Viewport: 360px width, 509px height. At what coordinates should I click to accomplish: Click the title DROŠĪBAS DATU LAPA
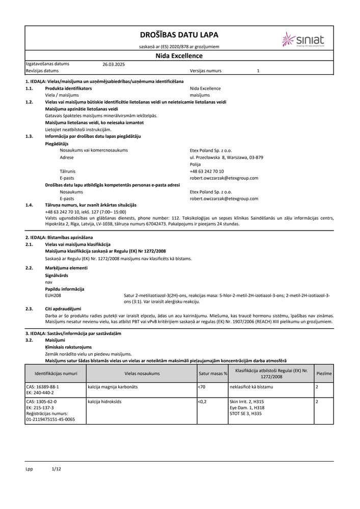(179, 35)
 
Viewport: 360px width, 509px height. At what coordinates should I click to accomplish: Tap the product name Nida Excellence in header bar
(179, 55)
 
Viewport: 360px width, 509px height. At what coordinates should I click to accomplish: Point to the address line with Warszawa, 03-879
(226, 158)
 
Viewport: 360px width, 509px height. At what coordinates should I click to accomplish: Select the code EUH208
(53, 296)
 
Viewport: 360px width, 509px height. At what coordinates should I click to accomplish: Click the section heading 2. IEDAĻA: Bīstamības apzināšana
(59, 238)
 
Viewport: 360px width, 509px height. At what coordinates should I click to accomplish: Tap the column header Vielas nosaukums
(142, 374)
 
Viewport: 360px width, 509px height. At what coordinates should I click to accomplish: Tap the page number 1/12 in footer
(57, 468)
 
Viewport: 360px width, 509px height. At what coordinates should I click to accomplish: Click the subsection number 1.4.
(30, 205)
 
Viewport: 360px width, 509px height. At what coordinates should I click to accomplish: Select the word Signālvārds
(57, 274)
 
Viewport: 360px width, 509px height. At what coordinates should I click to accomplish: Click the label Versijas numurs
(206, 72)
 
